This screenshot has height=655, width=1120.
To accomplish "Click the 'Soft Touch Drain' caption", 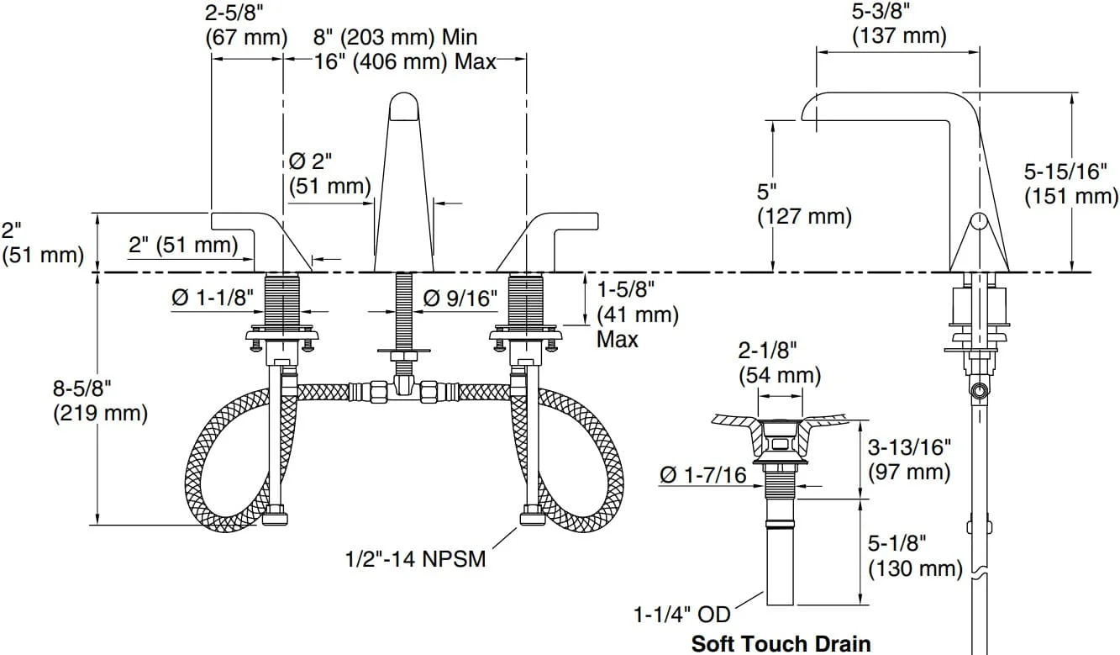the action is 781,643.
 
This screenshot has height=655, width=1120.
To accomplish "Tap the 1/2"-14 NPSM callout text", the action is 416,559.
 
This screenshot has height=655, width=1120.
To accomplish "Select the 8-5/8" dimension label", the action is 82,388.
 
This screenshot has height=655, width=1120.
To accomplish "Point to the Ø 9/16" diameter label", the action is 460,298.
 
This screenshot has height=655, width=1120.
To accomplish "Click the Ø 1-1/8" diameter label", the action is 213,298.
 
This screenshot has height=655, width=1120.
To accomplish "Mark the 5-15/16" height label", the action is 1065,172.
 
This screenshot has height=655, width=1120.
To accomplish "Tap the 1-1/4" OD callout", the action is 682,615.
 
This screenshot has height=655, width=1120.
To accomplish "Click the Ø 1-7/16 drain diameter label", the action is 703,475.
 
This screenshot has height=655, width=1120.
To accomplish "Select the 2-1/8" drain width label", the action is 767,351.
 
